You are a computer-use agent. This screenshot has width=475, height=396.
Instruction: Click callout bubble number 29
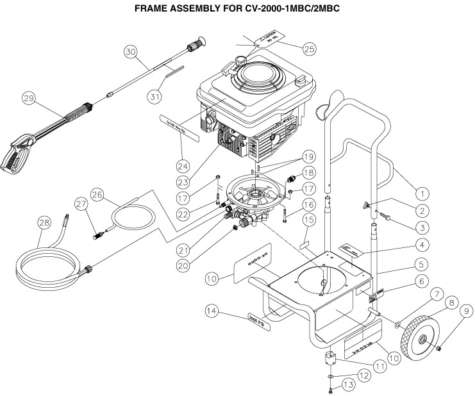(x=28, y=99)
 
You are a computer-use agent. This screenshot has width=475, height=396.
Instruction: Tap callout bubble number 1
(x=421, y=191)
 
